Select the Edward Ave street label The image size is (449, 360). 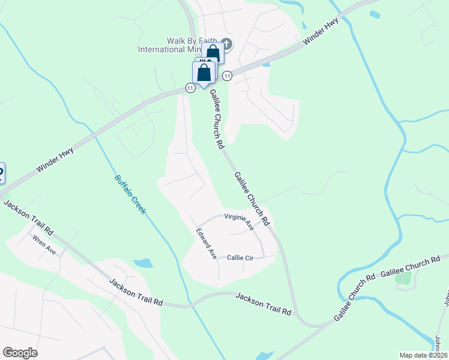pos(206,243)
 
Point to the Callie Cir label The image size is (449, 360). pos(241,257)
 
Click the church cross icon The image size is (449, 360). pos(226,43)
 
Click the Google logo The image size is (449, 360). pos(20,353)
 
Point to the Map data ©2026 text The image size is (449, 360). pos(423,355)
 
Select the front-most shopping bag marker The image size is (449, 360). pos(204,73)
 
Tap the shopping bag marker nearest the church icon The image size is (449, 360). pos(212,53)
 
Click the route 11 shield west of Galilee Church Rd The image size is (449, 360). pos(190,88)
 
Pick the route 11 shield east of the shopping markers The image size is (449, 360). pos(227,76)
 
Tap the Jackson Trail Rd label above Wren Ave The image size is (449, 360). pos(28,219)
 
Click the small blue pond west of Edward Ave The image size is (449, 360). pos(143,263)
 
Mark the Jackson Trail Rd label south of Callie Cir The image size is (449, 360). pos(263,304)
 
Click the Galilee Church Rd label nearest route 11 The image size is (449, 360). pos(216,119)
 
